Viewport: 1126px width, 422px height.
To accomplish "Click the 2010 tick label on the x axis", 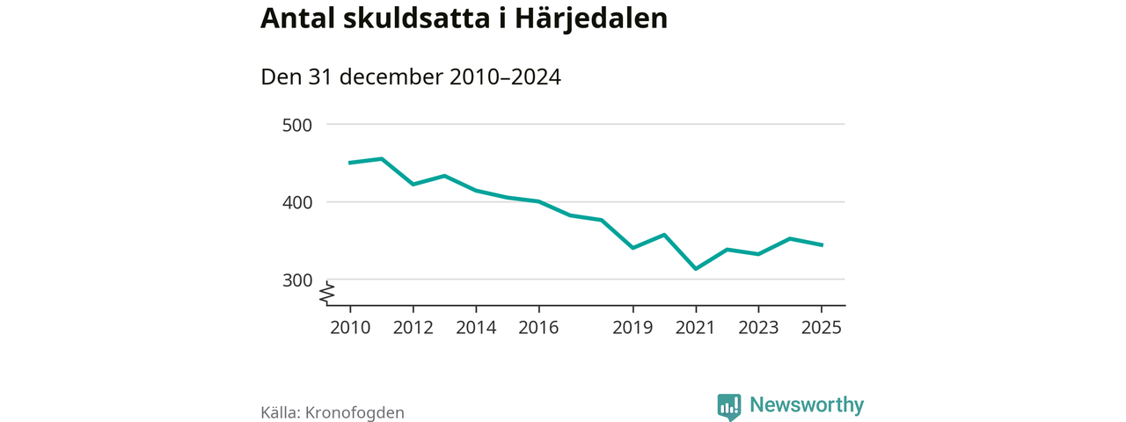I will [x=350, y=328].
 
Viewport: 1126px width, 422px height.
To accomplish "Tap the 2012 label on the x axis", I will [x=413, y=328].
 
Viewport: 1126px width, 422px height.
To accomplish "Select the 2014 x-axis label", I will [x=476, y=328].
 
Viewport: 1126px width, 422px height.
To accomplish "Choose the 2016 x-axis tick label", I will [x=538, y=328].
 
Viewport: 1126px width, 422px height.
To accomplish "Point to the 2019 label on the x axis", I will [x=632, y=328].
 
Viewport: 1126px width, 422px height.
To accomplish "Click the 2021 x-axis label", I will [x=696, y=328].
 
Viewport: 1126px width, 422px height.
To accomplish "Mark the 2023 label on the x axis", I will [x=758, y=328].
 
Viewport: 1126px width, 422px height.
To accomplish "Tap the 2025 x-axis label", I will [x=821, y=328].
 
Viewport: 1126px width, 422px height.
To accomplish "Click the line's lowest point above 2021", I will [x=696, y=269].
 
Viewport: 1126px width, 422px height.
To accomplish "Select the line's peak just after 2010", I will [x=381, y=159].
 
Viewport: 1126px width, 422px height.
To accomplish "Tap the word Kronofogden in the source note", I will [x=355, y=412].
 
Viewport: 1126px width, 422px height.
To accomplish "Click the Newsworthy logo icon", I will [x=729, y=405].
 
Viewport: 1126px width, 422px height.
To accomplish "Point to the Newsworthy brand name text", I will [x=807, y=405].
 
